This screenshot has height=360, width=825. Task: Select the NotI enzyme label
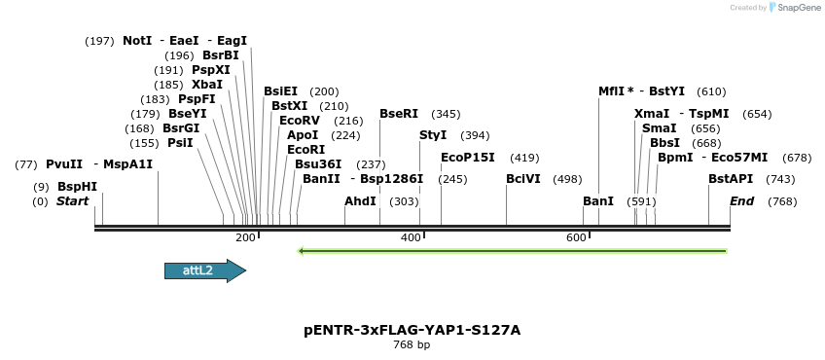click(137, 41)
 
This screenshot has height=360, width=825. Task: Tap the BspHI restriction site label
click(77, 187)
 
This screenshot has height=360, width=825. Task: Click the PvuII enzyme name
click(64, 164)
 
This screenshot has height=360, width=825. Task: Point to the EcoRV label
click(300, 121)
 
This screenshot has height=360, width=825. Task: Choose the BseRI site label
click(399, 114)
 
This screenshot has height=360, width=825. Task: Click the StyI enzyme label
click(433, 135)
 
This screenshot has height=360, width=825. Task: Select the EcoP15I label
click(468, 158)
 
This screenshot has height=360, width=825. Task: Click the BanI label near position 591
click(598, 201)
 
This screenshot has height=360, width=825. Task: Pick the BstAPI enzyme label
click(731, 179)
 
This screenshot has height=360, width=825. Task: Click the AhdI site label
click(360, 201)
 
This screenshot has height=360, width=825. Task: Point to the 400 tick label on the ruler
click(411, 238)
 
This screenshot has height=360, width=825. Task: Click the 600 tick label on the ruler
click(576, 238)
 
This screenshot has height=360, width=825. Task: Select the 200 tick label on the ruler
click(245, 238)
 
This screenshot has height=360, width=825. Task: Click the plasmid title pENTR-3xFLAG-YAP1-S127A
click(412, 330)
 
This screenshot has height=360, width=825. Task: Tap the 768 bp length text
click(412, 345)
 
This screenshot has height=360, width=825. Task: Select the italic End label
click(742, 201)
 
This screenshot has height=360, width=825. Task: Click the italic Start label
click(73, 201)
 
